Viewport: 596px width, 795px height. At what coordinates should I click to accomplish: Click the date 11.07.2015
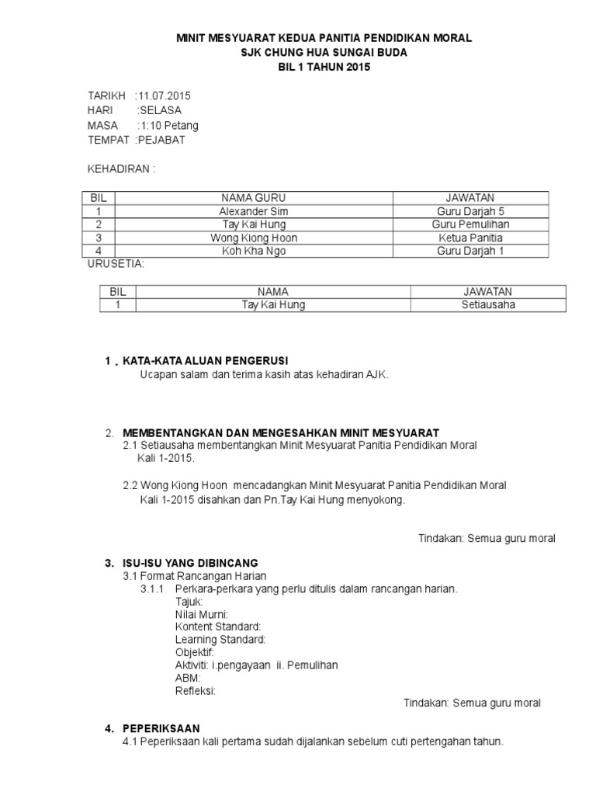pos(164,95)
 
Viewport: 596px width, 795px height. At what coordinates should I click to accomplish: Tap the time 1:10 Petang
pos(168,125)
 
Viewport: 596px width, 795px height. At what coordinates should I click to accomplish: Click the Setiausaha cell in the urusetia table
pos(487,305)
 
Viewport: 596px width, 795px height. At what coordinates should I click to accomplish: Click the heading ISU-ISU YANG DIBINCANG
pos(191,562)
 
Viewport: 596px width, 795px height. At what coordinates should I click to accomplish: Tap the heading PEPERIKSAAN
pos(161,728)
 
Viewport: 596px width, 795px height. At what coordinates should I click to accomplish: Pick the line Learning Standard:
pos(220,639)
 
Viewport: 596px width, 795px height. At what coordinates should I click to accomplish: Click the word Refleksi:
pos(196,690)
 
